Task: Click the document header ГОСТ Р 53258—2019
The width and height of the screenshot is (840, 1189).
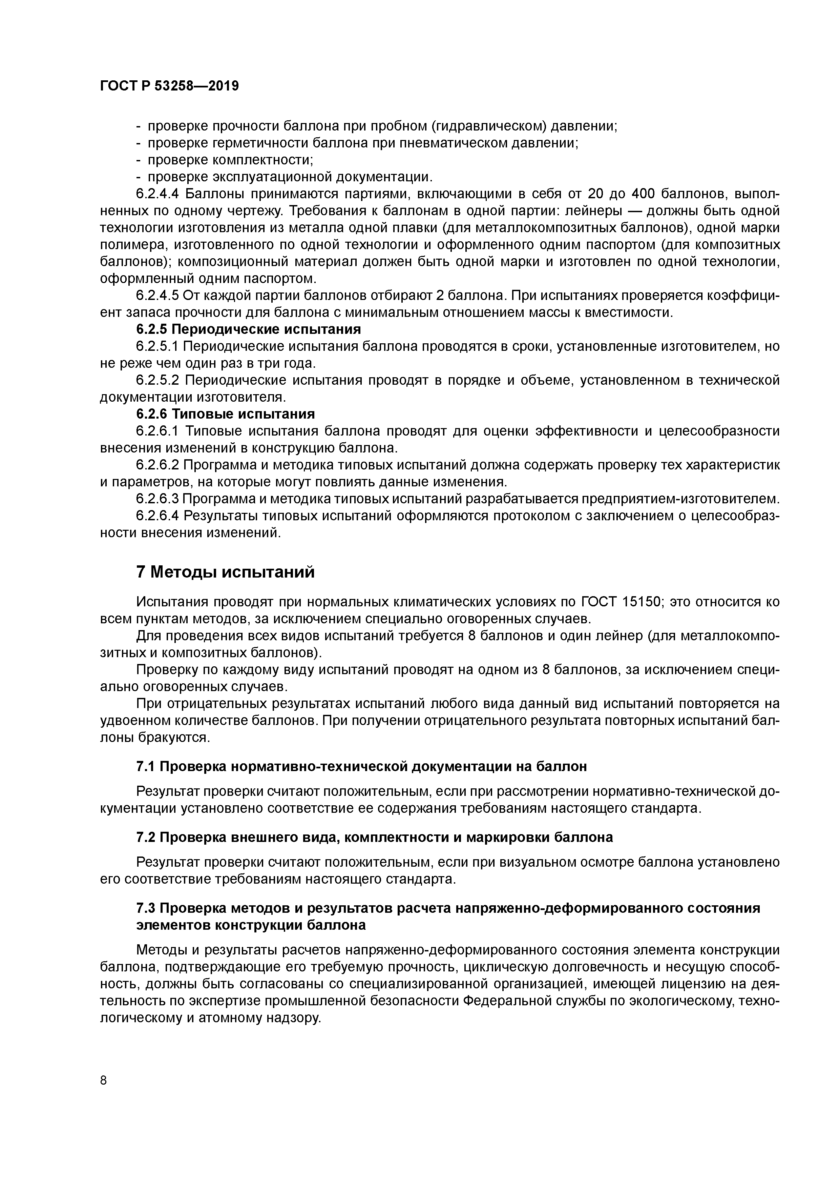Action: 169,86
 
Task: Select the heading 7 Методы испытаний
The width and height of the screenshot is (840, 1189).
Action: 225,572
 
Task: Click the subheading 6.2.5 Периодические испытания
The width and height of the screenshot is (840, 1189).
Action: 248,329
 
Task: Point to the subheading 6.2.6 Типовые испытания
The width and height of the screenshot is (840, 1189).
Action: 226,414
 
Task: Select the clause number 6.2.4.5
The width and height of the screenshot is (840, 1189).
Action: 157,295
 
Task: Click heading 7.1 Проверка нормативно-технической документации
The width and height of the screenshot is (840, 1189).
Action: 361,766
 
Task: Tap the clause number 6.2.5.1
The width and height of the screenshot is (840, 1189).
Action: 157,346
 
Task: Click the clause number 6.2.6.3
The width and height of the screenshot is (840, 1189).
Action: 157,499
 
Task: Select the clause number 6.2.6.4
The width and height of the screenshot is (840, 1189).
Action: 157,516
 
